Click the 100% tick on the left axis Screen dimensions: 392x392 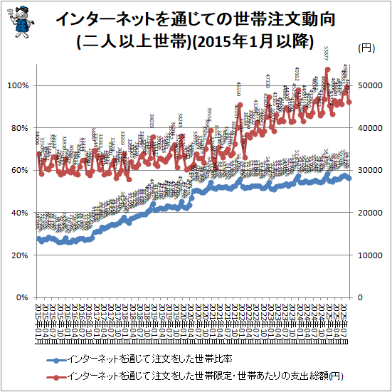pos(17,85)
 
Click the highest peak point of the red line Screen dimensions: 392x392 pos(327,70)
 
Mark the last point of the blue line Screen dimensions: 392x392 pos(349,179)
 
